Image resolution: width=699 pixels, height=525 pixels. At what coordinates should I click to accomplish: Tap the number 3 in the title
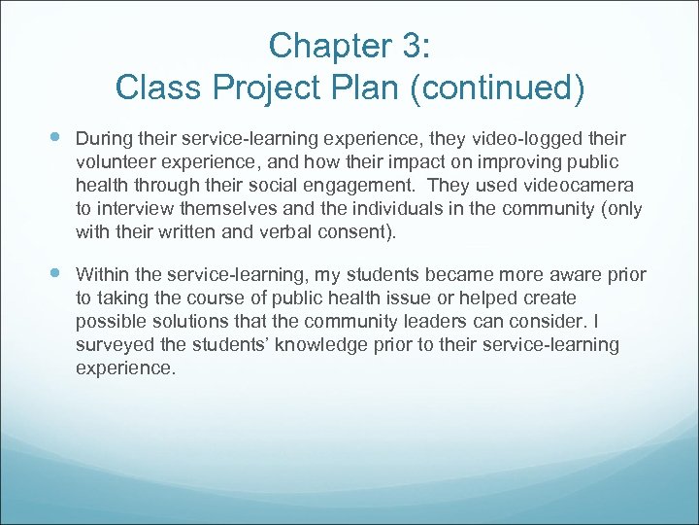(x=406, y=45)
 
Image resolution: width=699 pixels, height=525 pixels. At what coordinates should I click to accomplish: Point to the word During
(x=103, y=139)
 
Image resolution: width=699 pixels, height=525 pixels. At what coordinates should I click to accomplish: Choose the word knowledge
(x=335, y=345)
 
